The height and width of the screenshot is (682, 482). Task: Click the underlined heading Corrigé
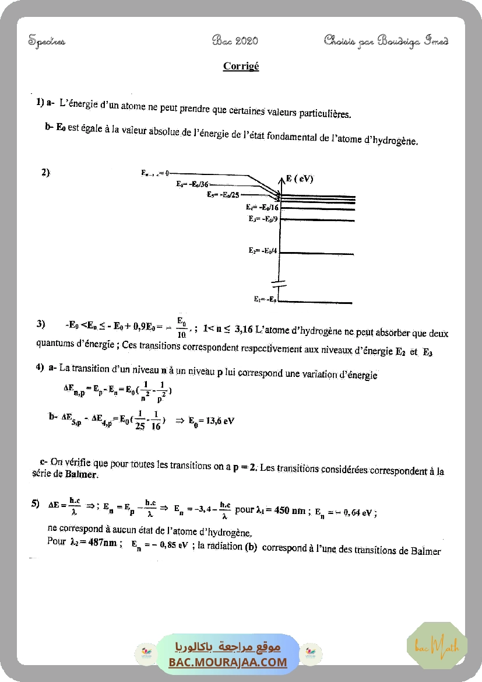point(241,67)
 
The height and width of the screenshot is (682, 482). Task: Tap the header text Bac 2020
point(235,40)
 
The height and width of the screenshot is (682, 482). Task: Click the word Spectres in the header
point(47,41)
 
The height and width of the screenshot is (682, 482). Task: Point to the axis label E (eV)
point(300,179)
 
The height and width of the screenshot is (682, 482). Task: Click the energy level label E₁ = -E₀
point(265,299)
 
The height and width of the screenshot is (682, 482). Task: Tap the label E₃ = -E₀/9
point(263,219)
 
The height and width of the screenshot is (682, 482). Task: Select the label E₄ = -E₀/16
point(262,207)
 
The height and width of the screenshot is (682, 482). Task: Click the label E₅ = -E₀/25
point(223,195)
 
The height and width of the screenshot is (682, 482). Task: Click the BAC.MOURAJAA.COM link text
point(228,662)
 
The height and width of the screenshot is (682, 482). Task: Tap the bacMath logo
point(437,645)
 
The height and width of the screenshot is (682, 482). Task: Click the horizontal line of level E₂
point(318,254)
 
